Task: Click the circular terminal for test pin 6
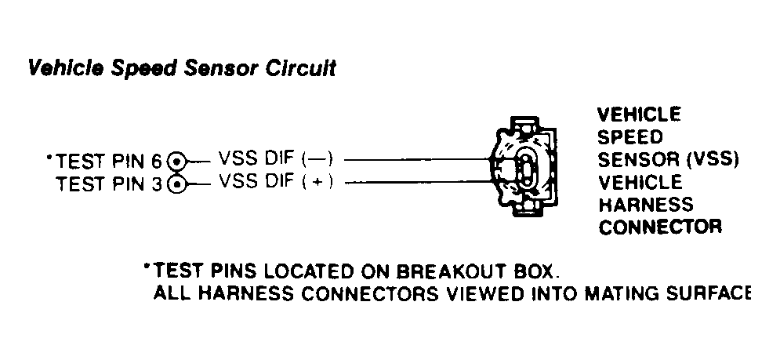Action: (x=176, y=162)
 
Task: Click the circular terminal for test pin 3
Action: (x=176, y=184)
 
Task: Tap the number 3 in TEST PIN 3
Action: (x=157, y=184)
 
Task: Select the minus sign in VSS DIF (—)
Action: (x=319, y=159)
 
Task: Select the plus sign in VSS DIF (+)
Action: (x=319, y=183)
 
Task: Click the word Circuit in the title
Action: (x=301, y=68)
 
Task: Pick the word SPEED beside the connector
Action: (x=630, y=137)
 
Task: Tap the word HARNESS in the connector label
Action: (x=646, y=205)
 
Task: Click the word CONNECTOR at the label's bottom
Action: (x=660, y=227)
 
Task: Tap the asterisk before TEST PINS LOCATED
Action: (x=147, y=267)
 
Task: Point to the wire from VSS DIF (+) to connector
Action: (x=419, y=182)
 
